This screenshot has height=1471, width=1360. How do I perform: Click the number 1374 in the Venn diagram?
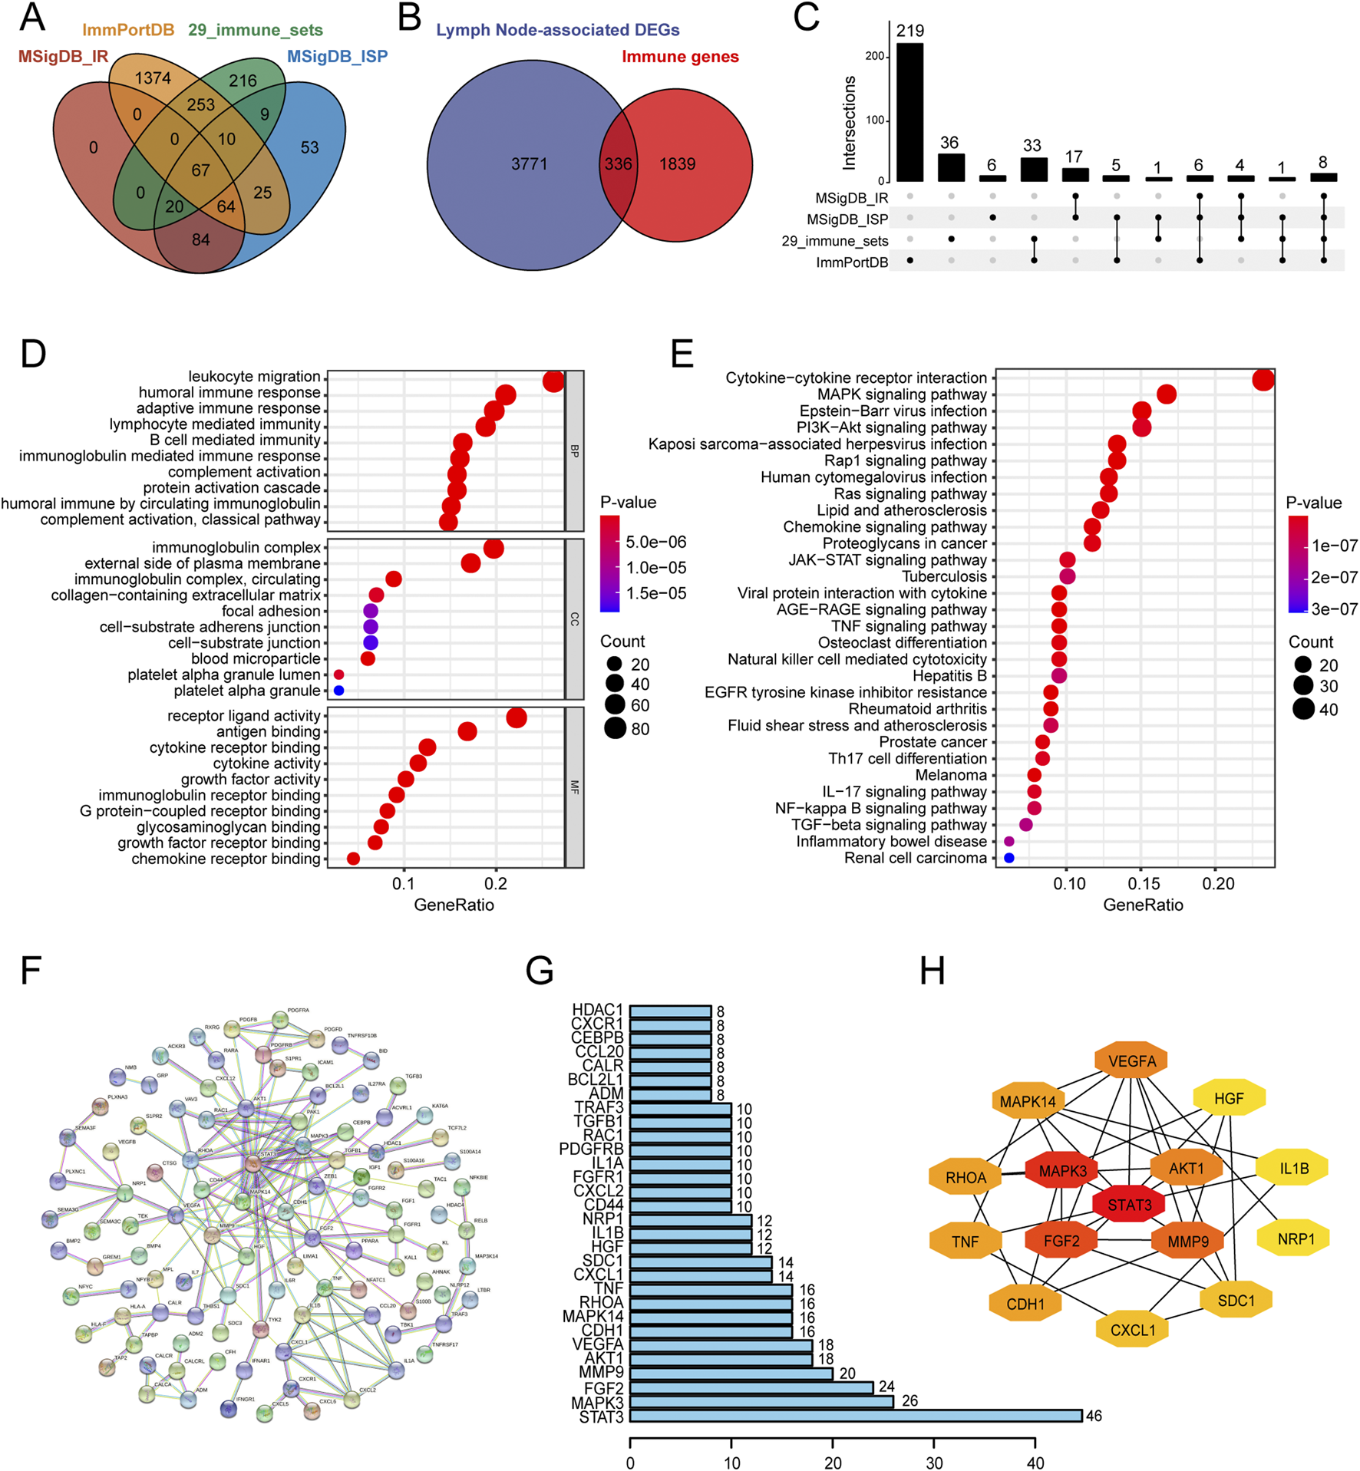pyautogui.click(x=153, y=78)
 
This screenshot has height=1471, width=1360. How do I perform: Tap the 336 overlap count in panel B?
pyautogui.click(x=618, y=164)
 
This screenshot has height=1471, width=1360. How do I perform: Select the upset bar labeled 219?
pyautogui.click(x=909, y=112)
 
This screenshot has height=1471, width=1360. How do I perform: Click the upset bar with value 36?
pyautogui.click(x=950, y=167)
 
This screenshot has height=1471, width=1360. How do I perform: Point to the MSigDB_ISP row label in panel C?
pyautogui.click(x=847, y=219)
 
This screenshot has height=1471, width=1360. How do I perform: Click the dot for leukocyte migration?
pyautogui.click(x=553, y=380)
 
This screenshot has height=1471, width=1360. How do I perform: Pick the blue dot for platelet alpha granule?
pyautogui.click(x=338, y=691)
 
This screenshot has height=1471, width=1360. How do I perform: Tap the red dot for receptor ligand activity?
pyautogui.click(x=517, y=717)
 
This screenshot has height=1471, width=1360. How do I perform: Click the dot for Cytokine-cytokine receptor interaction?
pyautogui.click(x=1263, y=379)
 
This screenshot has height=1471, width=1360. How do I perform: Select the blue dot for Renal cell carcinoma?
pyautogui.click(x=1008, y=858)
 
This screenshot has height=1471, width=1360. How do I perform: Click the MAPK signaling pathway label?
pyautogui.click(x=902, y=394)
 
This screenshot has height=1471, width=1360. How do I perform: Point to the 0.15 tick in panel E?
pyautogui.click(x=1143, y=884)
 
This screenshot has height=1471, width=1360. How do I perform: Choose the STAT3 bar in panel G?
pyautogui.click(x=855, y=1416)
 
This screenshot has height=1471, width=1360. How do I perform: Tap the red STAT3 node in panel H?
pyautogui.click(x=1129, y=1205)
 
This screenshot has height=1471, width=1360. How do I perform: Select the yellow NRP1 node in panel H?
pyautogui.click(x=1296, y=1238)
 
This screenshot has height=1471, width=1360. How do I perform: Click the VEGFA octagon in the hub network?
pyautogui.click(x=1131, y=1061)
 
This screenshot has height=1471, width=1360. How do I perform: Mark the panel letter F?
pyautogui.click(x=31, y=971)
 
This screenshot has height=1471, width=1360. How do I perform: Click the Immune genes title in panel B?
pyautogui.click(x=680, y=57)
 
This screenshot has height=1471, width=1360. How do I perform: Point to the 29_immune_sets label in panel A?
pyautogui.click(x=255, y=30)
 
